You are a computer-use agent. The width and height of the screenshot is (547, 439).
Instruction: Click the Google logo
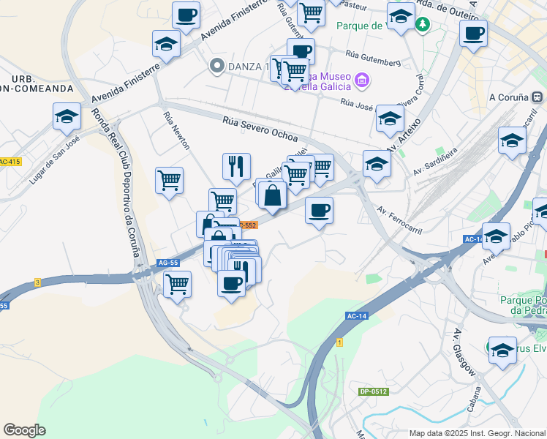point(24,430)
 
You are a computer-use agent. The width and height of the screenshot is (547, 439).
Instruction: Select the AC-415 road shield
point(10,162)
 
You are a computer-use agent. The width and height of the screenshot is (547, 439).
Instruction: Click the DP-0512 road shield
point(373,391)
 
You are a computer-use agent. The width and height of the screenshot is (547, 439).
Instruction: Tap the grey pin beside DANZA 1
point(216,66)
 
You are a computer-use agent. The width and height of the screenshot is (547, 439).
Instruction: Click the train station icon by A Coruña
point(537,97)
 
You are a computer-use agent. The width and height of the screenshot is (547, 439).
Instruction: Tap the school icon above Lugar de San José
point(67,116)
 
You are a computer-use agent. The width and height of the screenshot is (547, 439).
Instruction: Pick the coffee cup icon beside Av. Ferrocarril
point(318,211)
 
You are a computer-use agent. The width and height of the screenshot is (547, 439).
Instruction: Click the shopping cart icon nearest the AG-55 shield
point(177,283)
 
